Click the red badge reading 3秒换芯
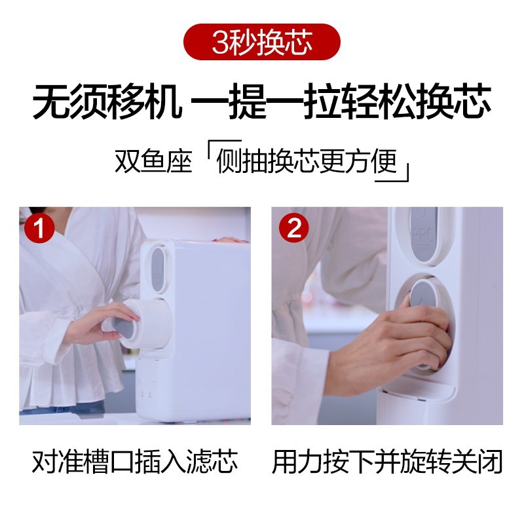(261, 42)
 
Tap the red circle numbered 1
(39, 228)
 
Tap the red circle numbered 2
(294, 228)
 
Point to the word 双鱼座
(153, 161)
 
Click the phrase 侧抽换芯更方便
(307, 161)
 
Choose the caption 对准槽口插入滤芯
(135, 462)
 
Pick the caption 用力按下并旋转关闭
(387, 462)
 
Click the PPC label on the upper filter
(422, 235)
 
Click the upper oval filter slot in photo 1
(157, 269)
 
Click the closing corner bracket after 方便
(392, 173)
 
